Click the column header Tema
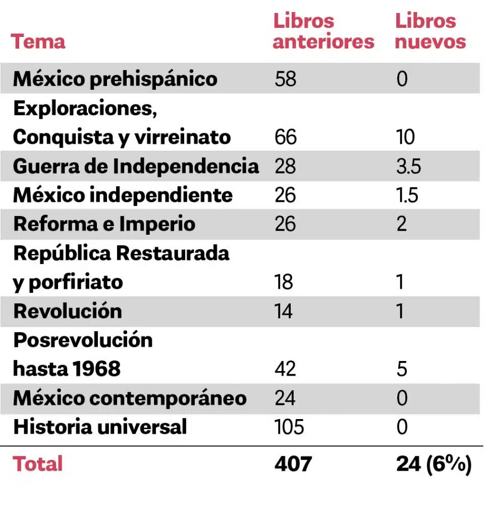click(38, 41)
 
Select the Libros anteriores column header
click(323, 31)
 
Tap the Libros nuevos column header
click(429, 31)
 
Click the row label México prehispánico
click(115, 79)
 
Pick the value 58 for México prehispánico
click(286, 79)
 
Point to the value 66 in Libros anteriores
click(286, 137)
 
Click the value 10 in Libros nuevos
click(405, 137)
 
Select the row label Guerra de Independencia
click(136, 167)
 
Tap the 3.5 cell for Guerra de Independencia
click(408, 167)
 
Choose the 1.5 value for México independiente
click(407, 195)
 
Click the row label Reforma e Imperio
click(104, 224)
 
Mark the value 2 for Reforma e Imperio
click(402, 224)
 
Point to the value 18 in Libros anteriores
click(284, 282)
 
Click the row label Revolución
click(68, 311)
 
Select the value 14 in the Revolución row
click(284, 311)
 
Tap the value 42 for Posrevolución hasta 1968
click(285, 369)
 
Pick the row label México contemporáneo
click(130, 398)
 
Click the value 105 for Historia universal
click(290, 427)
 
